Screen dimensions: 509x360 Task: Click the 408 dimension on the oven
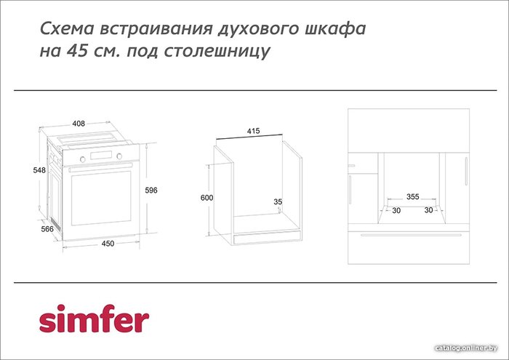point(79,124)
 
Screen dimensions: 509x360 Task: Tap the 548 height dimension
point(39,170)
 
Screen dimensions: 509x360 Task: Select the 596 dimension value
point(151,191)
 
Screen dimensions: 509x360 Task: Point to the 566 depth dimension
point(47,229)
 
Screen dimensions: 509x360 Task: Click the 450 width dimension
point(108,244)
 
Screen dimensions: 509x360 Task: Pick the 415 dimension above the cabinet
point(254,131)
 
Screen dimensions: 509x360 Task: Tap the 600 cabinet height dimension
point(207,198)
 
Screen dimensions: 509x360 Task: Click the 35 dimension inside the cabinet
point(278,202)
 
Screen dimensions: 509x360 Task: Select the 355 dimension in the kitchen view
point(412,196)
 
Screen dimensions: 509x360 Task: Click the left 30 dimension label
point(396,210)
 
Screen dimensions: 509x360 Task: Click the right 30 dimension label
point(428,210)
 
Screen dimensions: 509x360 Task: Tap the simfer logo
point(94,319)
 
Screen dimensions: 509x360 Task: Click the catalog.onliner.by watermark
point(466,348)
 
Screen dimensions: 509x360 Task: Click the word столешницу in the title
point(217,52)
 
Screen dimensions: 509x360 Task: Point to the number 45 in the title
point(77,51)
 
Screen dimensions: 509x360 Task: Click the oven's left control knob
point(82,159)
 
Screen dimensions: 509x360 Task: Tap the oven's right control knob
point(119,156)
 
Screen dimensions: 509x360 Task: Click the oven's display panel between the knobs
point(101,156)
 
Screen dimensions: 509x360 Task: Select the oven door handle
point(101,167)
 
